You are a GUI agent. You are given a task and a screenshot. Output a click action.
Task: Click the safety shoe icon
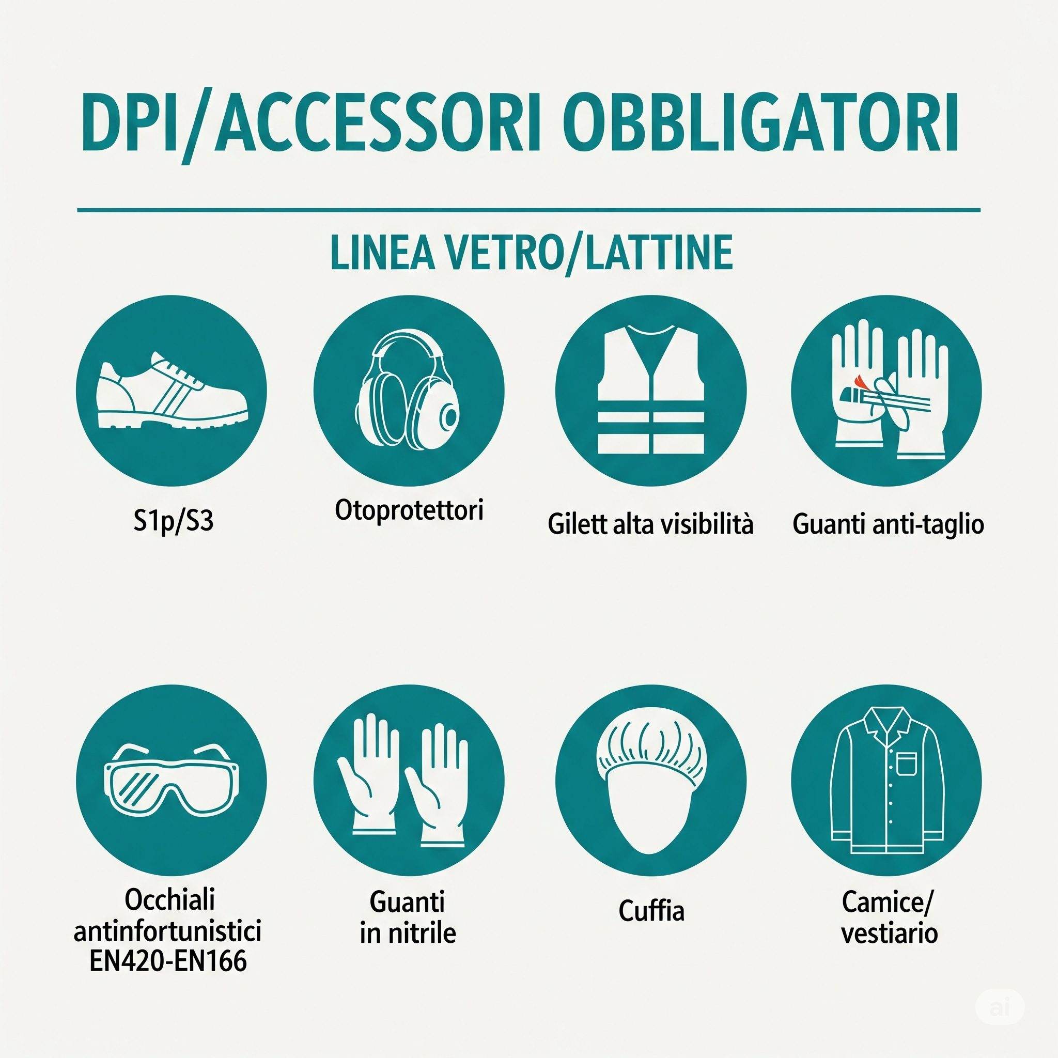172,391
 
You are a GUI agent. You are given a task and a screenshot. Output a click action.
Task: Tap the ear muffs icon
409,390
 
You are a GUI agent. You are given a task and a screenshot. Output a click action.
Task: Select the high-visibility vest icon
650,390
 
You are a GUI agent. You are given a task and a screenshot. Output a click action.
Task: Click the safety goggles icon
172,780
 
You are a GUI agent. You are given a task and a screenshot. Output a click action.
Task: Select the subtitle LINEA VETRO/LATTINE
531,253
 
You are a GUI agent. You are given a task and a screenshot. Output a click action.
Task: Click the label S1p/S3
173,520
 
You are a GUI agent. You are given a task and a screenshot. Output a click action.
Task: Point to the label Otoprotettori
409,510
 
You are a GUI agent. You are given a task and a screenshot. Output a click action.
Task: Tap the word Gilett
577,523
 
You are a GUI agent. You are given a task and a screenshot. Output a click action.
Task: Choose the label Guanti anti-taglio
888,524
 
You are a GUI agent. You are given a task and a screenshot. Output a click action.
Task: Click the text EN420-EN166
167,960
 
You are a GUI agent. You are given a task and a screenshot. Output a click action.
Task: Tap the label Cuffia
651,911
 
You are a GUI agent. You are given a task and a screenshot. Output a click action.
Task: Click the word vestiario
890,933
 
